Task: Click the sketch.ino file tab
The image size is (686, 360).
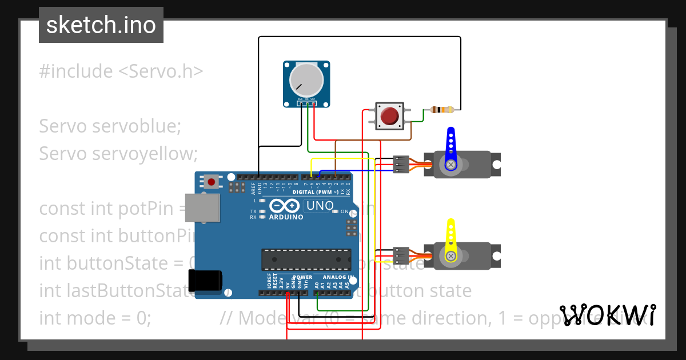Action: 101,25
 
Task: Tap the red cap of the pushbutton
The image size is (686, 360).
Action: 390,116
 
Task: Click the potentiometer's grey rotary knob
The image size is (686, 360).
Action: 306,79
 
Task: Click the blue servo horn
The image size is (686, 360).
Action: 450,149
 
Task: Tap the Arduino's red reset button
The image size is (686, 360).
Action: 212,182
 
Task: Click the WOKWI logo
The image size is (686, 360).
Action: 607,315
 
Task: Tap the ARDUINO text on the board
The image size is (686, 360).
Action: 286,217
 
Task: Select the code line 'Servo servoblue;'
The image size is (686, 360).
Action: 110,126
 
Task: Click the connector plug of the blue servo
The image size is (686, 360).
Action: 401,164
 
